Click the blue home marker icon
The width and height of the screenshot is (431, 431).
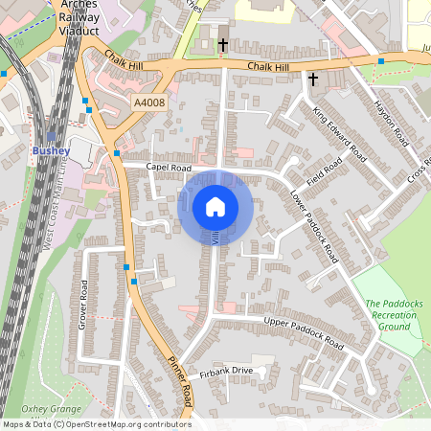pos(215,207)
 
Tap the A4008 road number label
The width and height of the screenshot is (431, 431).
pos(149,102)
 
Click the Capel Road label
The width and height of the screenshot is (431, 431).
pos(169,168)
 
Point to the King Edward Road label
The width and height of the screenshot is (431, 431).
pos(340,133)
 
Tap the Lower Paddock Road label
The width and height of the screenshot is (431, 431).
pos(314,226)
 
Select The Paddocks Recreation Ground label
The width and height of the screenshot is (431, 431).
pos(391,314)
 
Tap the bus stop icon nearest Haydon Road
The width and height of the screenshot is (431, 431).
pos(381,61)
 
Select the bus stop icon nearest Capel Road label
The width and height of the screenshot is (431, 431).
pos(117,153)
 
